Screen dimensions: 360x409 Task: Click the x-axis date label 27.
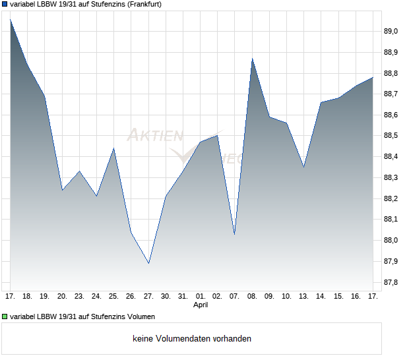click(x=148, y=297)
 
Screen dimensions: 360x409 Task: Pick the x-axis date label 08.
click(x=252, y=297)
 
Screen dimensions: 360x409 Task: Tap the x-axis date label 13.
click(x=303, y=297)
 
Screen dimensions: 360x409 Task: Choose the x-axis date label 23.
click(x=79, y=297)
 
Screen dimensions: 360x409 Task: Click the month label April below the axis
click(x=201, y=305)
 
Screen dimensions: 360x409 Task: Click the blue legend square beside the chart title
click(x=5, y=4)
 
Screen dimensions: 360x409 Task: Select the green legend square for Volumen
click(x=5, y=316)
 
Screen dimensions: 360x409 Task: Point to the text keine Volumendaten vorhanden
click(x=192, y=339)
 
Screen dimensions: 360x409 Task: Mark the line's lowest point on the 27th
click(x=148, y=263)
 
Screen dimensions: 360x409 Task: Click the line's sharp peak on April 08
click(x=252, y=59)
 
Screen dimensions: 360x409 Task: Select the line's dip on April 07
click(x=235, y=234)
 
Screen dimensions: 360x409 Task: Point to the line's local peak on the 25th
click(x=114, y=148)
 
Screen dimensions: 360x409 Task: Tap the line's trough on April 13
click(x=303, y=167)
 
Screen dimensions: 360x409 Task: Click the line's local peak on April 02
click(x=218, y=136)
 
